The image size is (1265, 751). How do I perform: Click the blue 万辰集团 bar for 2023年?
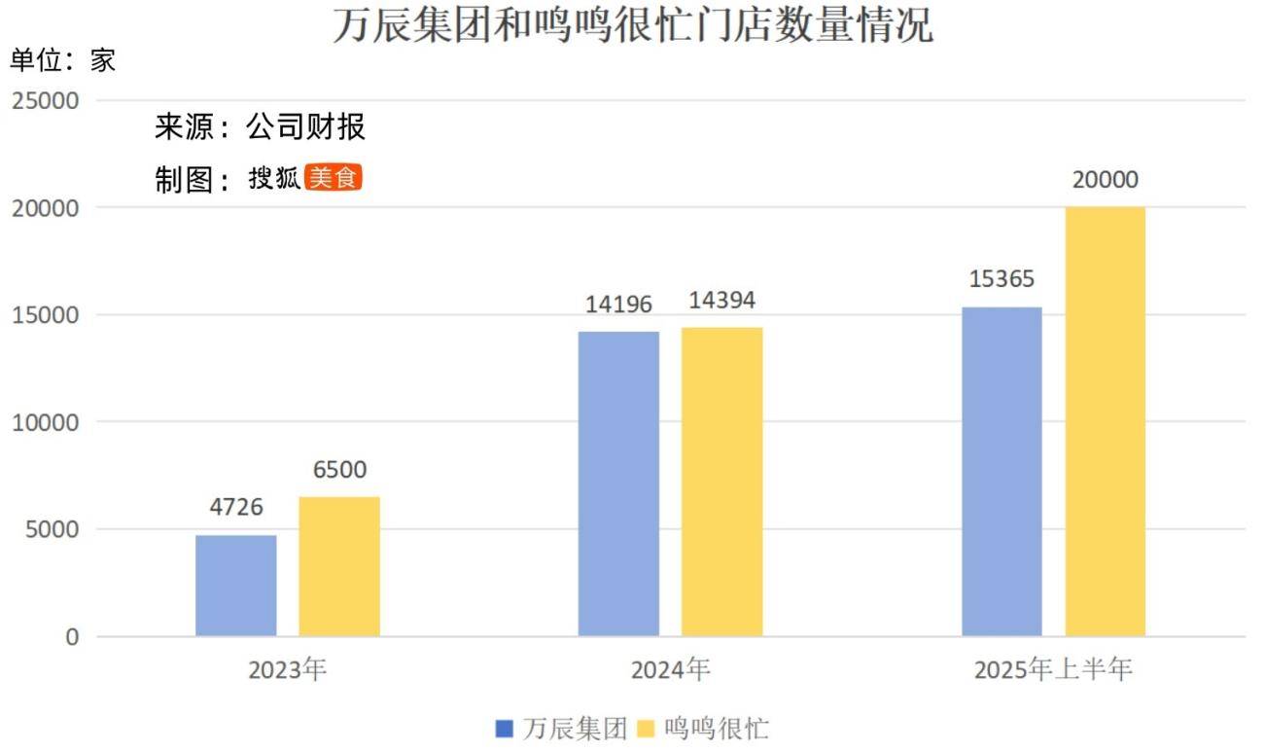coord(236,586)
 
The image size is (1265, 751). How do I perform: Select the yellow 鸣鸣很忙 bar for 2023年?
coord(339,566)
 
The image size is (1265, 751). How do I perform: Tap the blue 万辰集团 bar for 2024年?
coord(618,484)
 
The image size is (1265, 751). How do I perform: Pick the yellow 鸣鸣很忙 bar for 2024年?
coord(721,482)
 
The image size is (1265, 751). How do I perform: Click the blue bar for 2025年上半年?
coord(1001,472)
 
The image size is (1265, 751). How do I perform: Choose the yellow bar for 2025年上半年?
coord(1105,421)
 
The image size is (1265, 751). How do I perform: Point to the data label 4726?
coord(236,507)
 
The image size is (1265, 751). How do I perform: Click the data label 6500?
coord(339,470)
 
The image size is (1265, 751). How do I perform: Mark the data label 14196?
coord(618,304)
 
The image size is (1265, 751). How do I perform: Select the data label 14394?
coord(721,300)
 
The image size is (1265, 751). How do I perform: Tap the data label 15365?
coord(1001,279)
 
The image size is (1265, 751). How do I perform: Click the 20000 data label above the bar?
coord(1105,180)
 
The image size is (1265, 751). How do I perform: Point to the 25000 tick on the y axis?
coord(46,100)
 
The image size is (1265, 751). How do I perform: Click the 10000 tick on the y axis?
coord(46,422)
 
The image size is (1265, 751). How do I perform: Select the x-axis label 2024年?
coord(670,670)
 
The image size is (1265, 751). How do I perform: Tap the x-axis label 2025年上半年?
coord(1053,670)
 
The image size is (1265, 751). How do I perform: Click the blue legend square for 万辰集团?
coord(504,728)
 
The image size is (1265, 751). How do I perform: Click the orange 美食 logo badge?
coord(333,177)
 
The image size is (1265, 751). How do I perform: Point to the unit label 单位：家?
coord(62,60)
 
